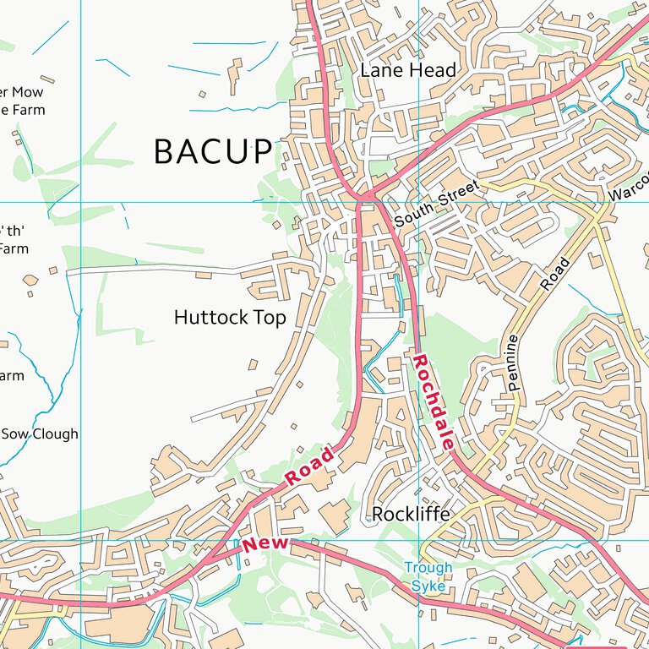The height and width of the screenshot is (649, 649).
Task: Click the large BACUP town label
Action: (x=214, y=152)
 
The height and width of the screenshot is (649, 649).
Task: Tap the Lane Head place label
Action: (x=407, y=70)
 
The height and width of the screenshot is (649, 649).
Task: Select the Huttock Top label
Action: (x=230, y=318)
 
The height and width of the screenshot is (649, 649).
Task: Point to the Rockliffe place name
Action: (x=411, y=514)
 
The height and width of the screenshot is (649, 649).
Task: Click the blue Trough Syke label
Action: (x=428, y=576)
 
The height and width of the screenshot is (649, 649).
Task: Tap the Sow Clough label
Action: (x=40, y=434)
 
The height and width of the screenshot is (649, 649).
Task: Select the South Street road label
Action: (x=436, y=203)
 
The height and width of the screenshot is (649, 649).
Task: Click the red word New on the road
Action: (x=265, y=544)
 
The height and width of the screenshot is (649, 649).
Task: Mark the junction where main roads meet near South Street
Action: (x=365, y=199)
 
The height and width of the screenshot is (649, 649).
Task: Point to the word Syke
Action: (x=428, y=586)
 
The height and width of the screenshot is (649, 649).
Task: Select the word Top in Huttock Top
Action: (x=272, y=318)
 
